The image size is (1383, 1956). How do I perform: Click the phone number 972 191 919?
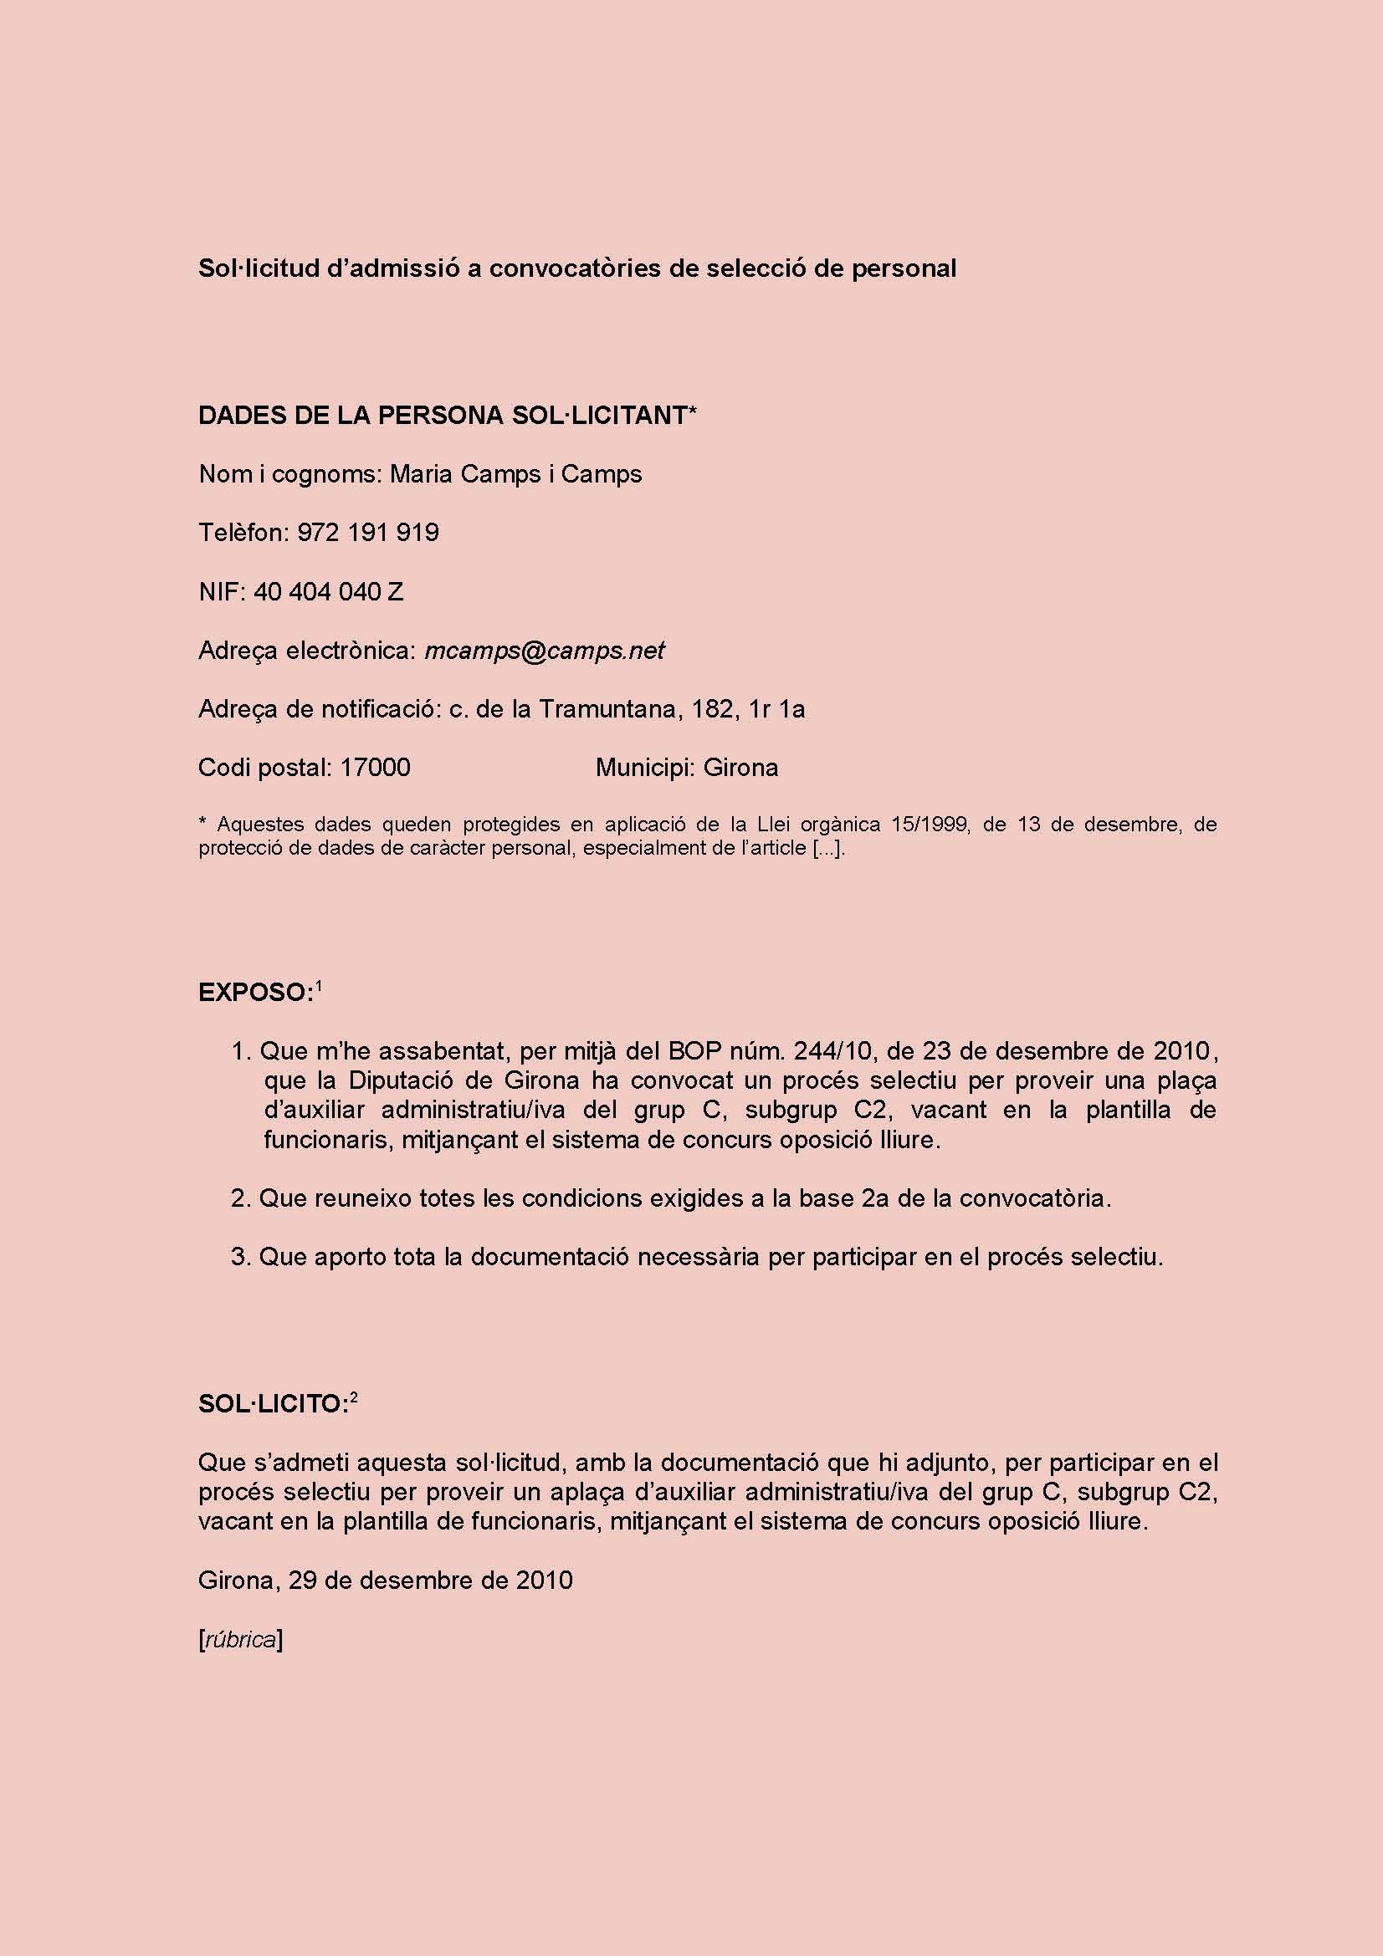tap(368, 533)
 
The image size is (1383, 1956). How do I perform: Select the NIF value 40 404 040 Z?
tap(328, 591)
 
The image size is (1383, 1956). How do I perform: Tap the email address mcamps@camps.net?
tap(544, 650)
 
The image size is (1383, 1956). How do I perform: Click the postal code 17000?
tap(375, 768)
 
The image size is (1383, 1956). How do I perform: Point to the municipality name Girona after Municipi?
tap(740, 768)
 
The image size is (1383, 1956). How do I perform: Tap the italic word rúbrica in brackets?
tap(241, 1640)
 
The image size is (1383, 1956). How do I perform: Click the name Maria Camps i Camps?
tap(515, 473)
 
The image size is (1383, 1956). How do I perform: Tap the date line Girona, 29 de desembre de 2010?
tap(385, 1581)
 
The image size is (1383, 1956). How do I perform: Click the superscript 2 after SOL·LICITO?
tap(354, 1397)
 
